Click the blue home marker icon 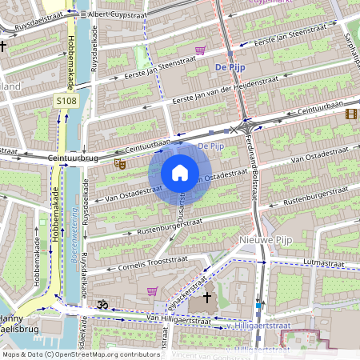tap(180, 173)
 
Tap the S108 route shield tap(66, 102)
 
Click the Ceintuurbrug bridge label tap(73, 158)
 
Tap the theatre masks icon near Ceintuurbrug tap(121, 164)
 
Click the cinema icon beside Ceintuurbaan tap(351, 113)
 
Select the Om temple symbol tap(102, 305)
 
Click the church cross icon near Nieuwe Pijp tap(207, 298)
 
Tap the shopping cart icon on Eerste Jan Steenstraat tap(200, 50)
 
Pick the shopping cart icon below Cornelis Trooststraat tap(152, 290)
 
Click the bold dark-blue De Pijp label tap(230, 68)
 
